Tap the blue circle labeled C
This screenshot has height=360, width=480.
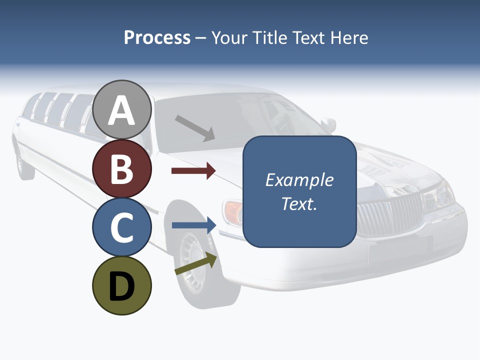(121, 227)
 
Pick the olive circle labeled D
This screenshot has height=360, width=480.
(121, 285)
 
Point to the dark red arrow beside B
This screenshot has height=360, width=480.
(193, 171)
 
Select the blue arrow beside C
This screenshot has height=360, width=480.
(194, 225)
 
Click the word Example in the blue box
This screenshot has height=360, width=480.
(299, 180)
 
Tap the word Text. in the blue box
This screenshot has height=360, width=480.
(299, 203)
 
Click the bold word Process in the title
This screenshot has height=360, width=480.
(157, 37)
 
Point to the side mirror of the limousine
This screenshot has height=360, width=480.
(328, 123)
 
